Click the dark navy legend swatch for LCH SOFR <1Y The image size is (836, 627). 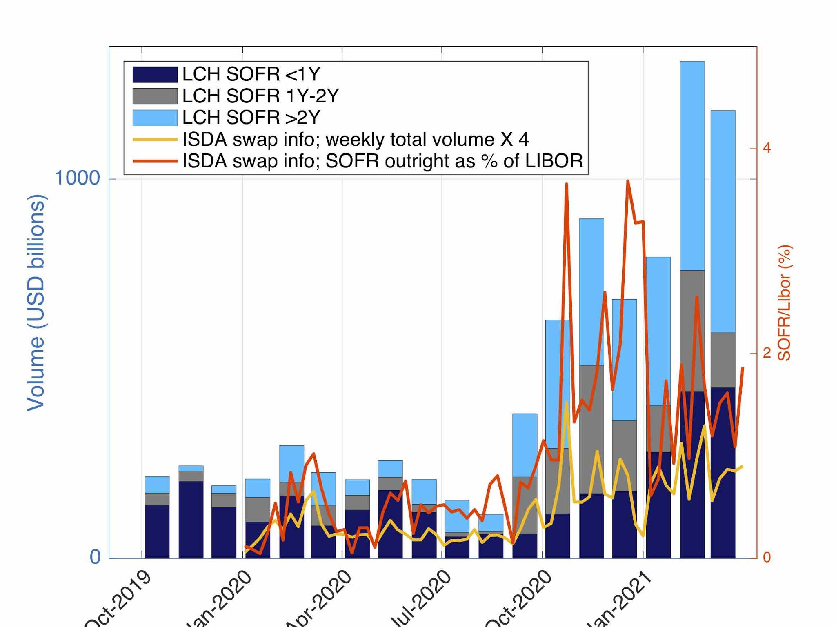pyautogui.click(x=155, y=75)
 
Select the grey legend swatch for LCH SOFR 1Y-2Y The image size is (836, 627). pyautogui.click(x=155, y=96)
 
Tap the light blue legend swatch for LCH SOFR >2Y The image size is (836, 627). pyautogui.click(x=155, y=118)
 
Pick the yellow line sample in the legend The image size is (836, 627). pyautogui.click(x=155, y=140)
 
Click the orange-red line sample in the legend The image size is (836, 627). pyautogui.click(x=155, y=161)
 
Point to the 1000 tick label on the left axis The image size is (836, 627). pyautogui.click(x=77, y=178)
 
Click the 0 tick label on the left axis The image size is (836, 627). pyautogui.click(x=95, y=557)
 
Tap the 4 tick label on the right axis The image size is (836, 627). pyautogui.click(x=767, y=148)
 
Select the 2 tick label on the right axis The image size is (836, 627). pyautogui.click(x=767, y=353)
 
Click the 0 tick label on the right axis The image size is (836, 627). pyautogui.click(x=767, y=557)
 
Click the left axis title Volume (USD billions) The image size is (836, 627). pyautogui.click(x=36, y=303)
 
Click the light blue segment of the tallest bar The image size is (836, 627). pyautogui.click(x=692, y=165)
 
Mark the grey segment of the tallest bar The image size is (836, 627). pyautogui.click(x=692, y=331)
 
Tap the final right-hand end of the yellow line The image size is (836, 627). pyautogui.click(x=742, y=466)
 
